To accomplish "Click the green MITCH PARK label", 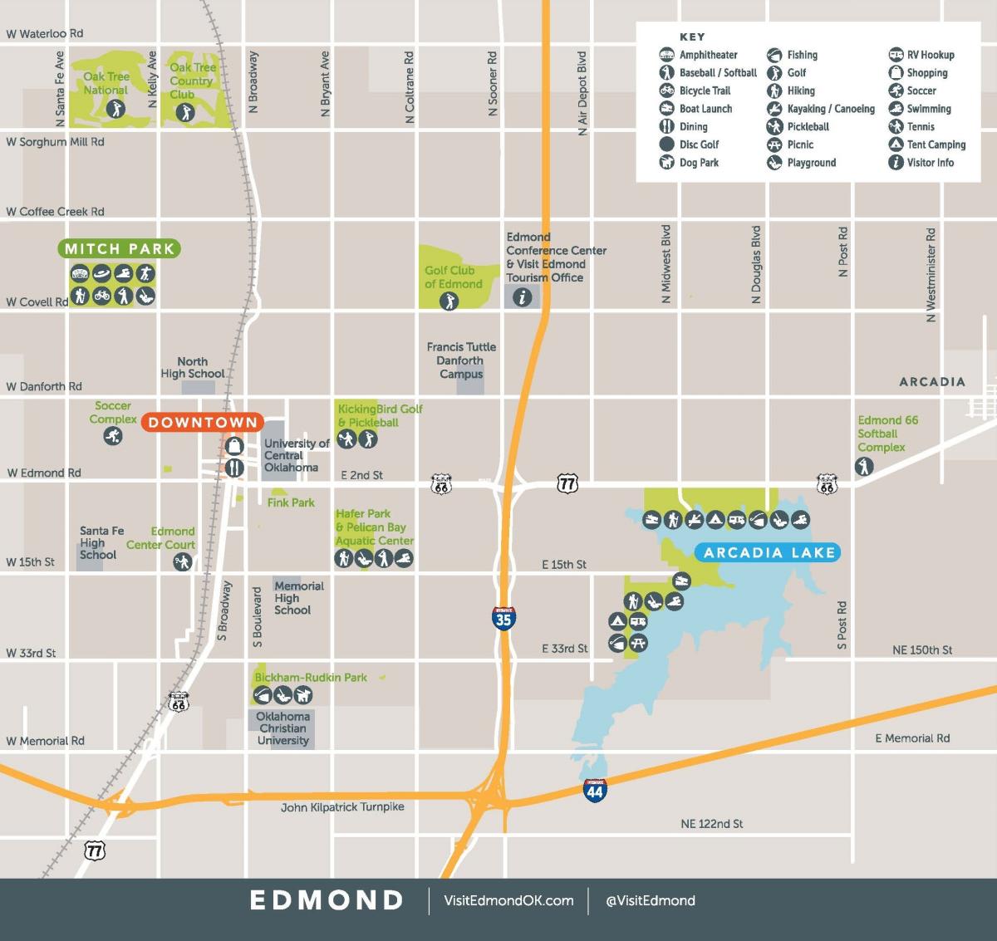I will [119, 248].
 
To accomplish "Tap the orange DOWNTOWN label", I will [203, 423].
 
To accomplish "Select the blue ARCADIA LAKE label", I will [769, 552].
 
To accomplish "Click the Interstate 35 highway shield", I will [503, 618].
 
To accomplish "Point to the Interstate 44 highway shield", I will [595, 790].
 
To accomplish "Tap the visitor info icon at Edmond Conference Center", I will [522, 297].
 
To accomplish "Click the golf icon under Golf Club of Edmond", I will [449, 301].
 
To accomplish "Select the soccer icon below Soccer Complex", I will [113, 435].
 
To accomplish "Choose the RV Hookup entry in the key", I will [921, 55].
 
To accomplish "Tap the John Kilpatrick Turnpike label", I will [342, 806].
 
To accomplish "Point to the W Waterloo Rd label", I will [45, 34].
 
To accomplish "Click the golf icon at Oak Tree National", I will [115, 108].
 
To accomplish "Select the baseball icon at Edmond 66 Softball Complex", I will [864, 467].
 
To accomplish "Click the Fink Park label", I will [291, 502].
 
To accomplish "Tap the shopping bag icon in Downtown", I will [234, 446].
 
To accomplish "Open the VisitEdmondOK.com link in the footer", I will [508, 900].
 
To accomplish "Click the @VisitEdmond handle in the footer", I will [651, 900].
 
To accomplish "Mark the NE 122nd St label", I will [711, 824].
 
